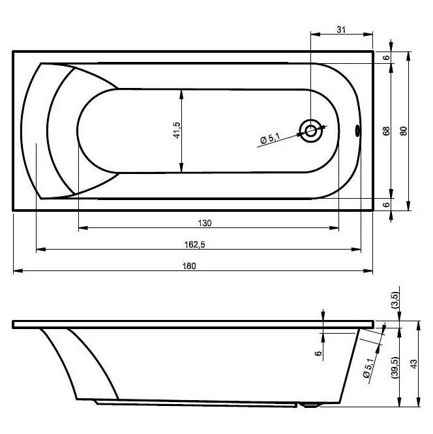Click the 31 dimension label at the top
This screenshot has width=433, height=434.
coord(341,29)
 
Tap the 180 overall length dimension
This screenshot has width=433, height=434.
coord(189,266)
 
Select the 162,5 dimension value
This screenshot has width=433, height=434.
coord(195,244)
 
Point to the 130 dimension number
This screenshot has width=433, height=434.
coord(205,223)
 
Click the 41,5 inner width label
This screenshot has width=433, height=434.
coord(177,130)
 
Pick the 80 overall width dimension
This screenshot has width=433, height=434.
coord(404,130)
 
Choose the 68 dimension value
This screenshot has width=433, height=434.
coord(386,130)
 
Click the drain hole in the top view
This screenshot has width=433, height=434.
coord(311,130)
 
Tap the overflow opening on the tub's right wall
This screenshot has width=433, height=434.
coord(357,130)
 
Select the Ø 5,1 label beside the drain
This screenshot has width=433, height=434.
coord(270,138)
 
